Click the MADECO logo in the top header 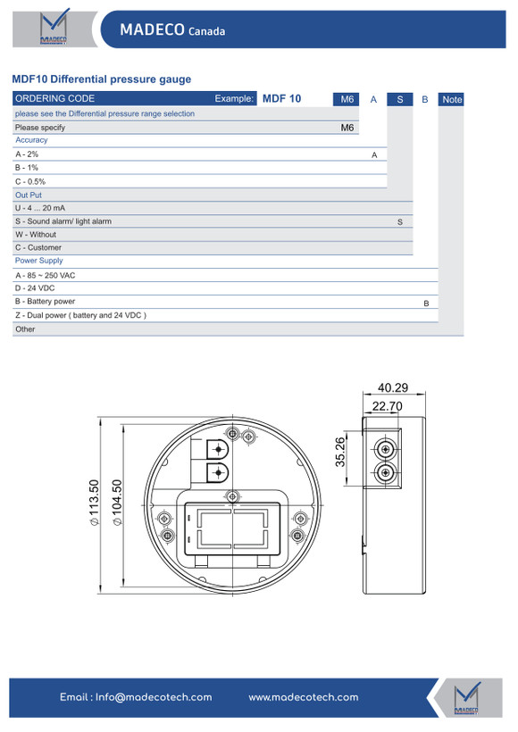[54, 27]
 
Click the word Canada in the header [206, 31]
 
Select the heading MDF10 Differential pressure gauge [101, 79]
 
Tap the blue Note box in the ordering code [451, 99]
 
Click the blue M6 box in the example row [347, 99]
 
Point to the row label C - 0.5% [30, 181]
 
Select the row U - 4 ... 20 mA [40, 208]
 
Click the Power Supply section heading [38, 261]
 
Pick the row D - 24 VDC [35, 288]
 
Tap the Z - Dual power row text [80, 315]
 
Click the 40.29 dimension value [393, 387]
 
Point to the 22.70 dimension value [388, 406]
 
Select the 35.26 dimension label [340, 452]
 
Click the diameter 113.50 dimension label [94, 503]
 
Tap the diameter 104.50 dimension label [117, 503]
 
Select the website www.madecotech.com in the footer [304, 697]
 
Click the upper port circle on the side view [385, 450]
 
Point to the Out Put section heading [29, 195]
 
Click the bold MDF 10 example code [281, 98]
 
